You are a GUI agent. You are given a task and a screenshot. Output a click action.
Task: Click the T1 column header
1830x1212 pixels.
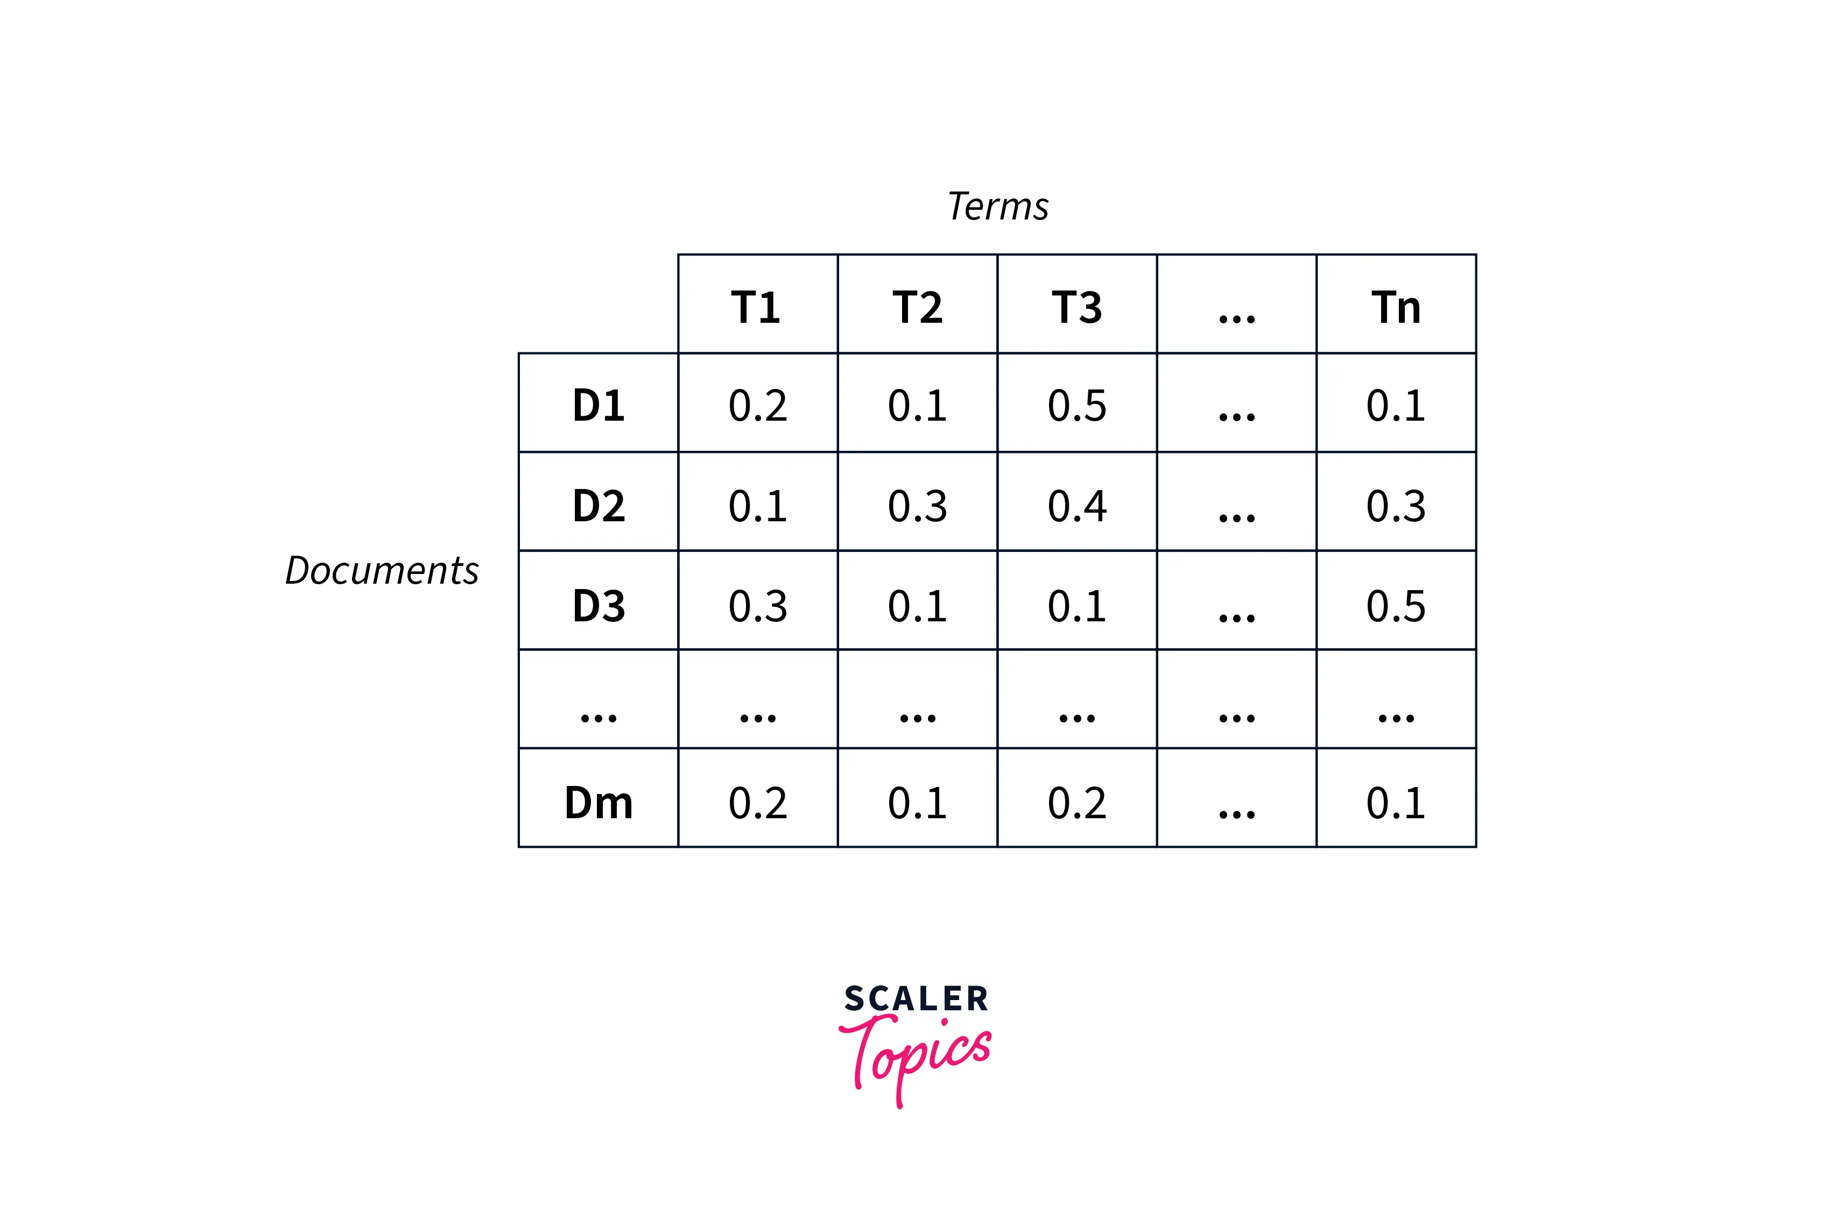pos(756,307)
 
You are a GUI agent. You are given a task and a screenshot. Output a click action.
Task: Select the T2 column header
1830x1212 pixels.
pos(917,307)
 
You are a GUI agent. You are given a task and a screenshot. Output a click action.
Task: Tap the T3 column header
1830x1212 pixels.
pos(1076,307)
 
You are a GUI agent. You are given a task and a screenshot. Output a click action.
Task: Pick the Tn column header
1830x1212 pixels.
pos(1396,307)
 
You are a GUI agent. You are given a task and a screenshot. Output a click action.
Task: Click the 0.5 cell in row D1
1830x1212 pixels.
pos(1076,405)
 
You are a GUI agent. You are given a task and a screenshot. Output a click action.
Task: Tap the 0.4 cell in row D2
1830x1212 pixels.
pos(1076,506)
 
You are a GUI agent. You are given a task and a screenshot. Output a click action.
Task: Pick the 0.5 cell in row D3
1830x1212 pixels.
pos(1396,605)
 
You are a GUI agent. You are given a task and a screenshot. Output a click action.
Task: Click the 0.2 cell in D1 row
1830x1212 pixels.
pos(758,405)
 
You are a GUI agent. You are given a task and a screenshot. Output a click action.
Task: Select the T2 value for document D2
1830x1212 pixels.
pos(917,506)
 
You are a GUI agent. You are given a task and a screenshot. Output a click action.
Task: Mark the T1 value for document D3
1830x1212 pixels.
pos(758,605)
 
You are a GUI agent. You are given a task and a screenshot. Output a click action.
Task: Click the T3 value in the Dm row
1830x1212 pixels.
pos(1076,802)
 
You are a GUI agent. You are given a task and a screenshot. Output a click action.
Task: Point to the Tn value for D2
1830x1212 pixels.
pos(1396,506)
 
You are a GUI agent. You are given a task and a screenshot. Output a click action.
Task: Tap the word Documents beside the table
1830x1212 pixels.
pos(382,570)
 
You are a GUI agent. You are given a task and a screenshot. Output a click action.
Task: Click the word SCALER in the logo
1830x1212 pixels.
pos(916,998)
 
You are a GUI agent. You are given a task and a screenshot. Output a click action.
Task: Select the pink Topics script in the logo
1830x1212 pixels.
pos(916,1055)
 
